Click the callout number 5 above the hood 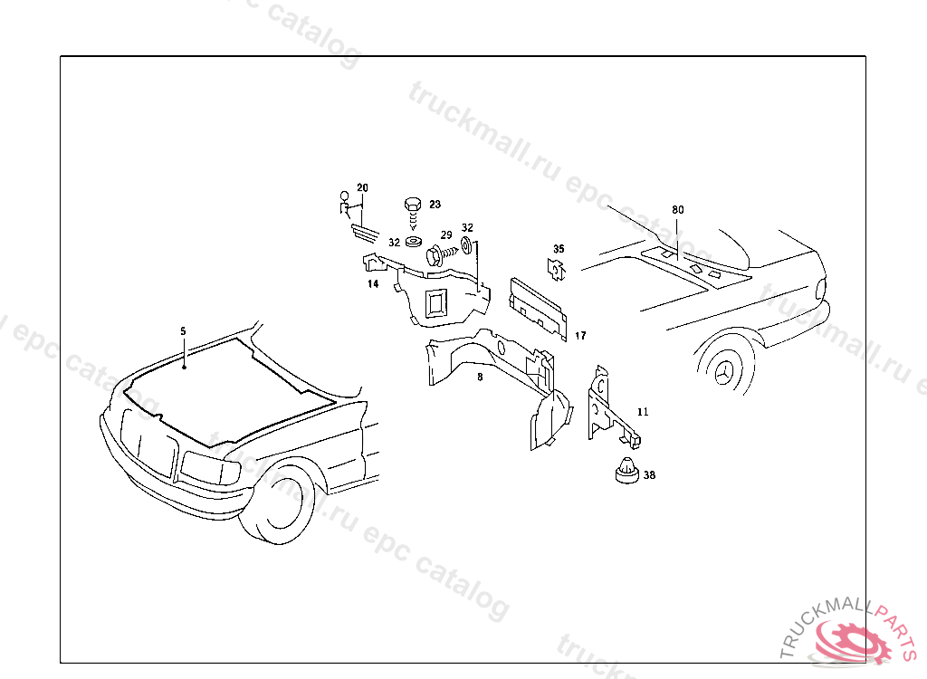(183, 331)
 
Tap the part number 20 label (362, 188)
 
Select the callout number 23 (435, 205)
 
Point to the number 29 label (446, 234)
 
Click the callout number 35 (559, 249)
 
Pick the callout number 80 (677, 210)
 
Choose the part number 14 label (372, 284)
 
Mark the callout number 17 (580, 336)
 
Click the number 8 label (480, 377)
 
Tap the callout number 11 (643, 412)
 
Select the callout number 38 (649, 474)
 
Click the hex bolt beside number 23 (412, 209)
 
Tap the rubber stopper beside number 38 (625, 472)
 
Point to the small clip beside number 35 (554, 267)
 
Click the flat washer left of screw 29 (413, 242)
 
